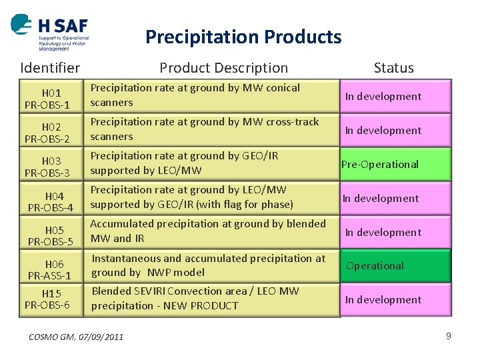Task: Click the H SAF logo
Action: (x=50, y=32)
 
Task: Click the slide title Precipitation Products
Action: (x=243, y=37)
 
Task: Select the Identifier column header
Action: (x=50, y=67)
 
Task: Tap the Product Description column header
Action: (x=223, y=67)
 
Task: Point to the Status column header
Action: (x=393, y=67)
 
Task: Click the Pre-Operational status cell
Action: (x=395, y=164)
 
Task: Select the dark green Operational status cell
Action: (x=395, y=265)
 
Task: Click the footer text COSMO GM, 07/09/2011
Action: (x=76, y=337)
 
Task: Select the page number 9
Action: (x=448, y=336)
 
